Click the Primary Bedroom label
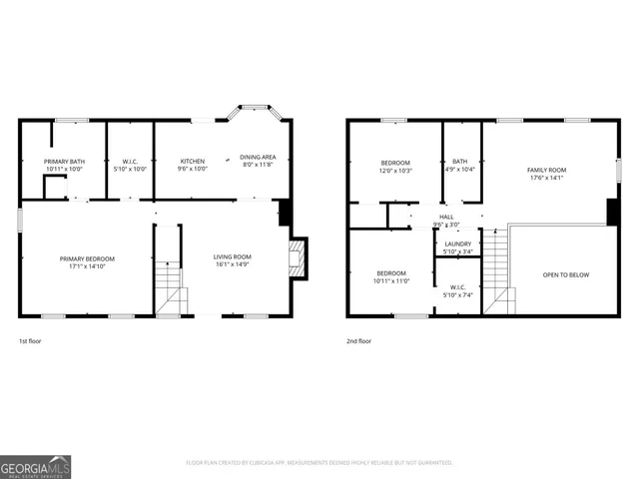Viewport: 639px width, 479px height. pos(84,261)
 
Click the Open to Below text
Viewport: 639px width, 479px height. pos(563,274)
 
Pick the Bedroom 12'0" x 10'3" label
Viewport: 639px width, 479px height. pos(394,166)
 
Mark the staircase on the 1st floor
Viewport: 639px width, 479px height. pos(170,289)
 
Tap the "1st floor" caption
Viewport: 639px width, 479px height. pos(30,341)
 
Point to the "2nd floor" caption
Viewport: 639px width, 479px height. pos(358,341)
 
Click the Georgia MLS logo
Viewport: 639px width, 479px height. pos(35,466)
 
